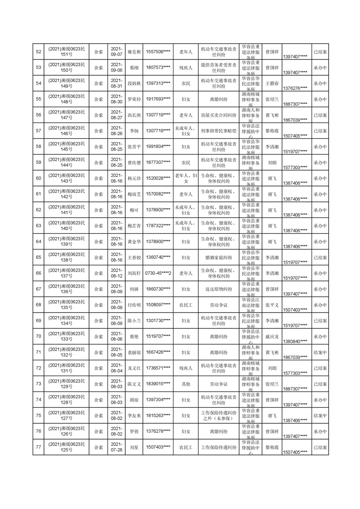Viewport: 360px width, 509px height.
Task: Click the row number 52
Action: pyautogui.click(x=39, y=52)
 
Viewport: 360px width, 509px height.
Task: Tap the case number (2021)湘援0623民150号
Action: pyautogui.click(x=67, y=68)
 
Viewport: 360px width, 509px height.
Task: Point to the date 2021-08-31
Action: pyautogui.click(x=117, y=83)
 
